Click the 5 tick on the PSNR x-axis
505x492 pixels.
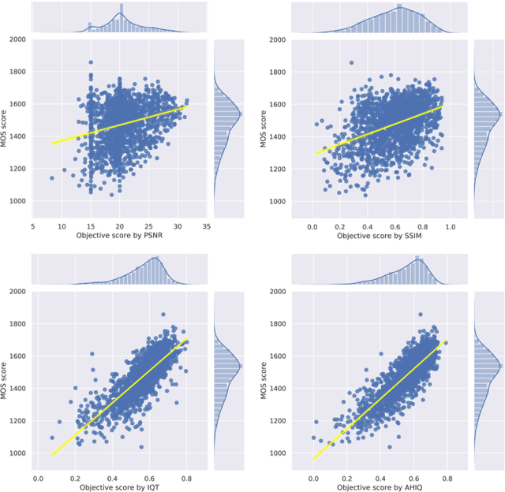tap(33, 225)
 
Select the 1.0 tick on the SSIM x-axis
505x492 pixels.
tap(451, 225)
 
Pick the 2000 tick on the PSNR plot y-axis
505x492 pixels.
tap(16, 39)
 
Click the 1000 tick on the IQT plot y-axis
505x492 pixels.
tap(16, 453)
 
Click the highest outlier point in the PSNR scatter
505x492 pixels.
tap(91, 62)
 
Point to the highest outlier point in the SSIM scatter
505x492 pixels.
tap(351, 62)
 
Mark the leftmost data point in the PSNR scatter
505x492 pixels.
tap(52, 178)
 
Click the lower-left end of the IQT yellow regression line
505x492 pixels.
tap(52, 455)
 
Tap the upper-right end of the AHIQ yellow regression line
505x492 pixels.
tap(447, 341)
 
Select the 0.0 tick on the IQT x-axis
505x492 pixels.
tap(39, 477)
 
